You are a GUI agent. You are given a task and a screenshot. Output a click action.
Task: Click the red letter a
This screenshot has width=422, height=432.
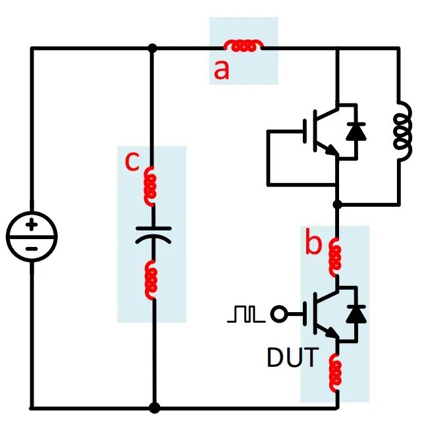(x=222, y=69)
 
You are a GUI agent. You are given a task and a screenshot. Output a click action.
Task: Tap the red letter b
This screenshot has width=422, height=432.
(x=313, y=244)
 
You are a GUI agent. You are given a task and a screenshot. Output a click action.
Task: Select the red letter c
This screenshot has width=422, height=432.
(x=132, y=162)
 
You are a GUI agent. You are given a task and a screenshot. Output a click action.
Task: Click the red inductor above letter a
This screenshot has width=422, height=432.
(x=244, y=46)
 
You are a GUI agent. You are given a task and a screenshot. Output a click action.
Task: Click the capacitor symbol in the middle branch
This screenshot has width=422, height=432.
(x=153, y=234)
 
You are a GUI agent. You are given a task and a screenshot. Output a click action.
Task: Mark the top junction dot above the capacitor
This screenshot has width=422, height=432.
(x=153, y=48)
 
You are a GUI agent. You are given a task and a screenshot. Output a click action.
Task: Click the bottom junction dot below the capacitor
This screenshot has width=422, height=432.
(x=154, y=408)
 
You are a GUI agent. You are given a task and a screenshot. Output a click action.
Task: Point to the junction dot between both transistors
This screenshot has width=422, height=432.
(x=336, y=205)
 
